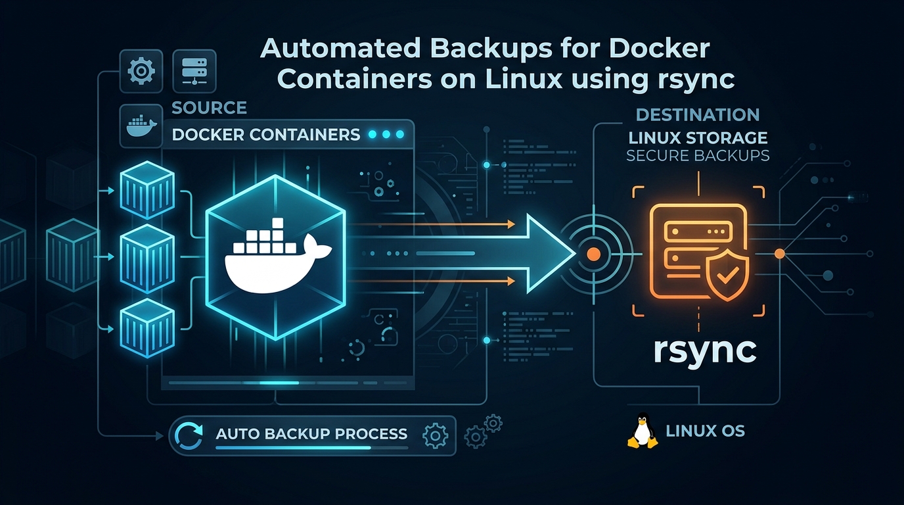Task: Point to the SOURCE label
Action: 209,108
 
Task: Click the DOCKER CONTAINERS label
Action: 265,135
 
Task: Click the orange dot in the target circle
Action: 593,253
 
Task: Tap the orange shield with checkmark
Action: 726,276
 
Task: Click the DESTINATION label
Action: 698,115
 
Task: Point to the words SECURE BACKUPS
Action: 698,156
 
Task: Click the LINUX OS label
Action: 706,431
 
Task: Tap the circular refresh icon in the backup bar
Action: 191,435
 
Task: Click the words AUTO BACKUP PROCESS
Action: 311,434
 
